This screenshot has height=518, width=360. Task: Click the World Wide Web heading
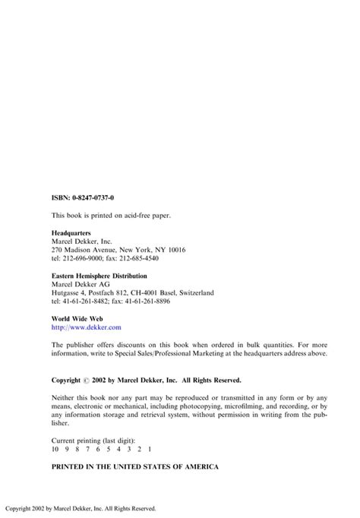77,317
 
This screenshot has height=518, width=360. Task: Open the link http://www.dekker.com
86,327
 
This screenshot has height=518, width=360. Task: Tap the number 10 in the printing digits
55,448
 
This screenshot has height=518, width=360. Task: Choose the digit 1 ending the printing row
141,448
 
